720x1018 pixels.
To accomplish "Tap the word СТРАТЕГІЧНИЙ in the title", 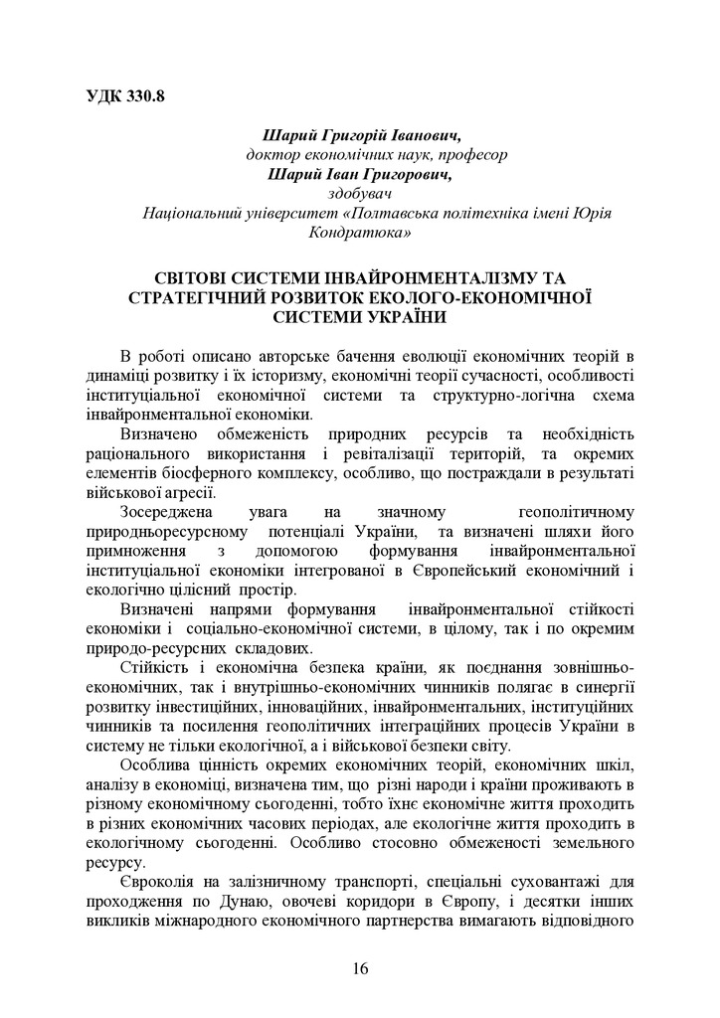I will tap(210, 297).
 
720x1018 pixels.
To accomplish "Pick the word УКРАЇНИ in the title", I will tap(396, 317).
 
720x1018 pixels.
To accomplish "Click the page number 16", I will tap(359, 969).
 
